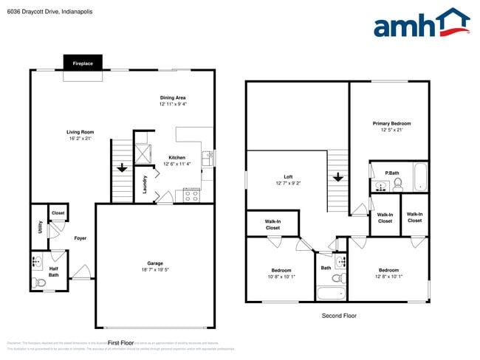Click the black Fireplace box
(x=83, y=64)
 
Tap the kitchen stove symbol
(x=191, y=195)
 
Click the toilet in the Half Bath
(x=39, y=282)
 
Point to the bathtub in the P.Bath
(x=420, y=178)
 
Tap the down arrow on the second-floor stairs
(x=338, y=178)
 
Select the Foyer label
(x=80, y=238)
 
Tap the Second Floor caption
(x=339, y=315)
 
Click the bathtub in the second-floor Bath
(x=331, y=293)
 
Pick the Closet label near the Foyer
(x=58, y=213)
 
